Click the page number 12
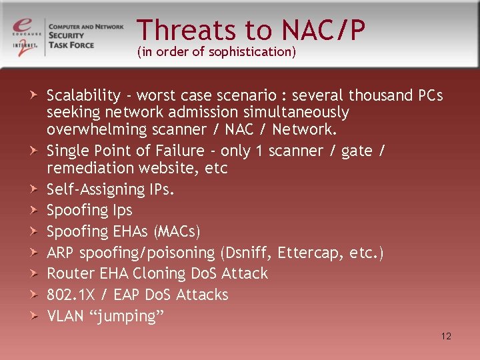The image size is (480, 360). coord(446,336)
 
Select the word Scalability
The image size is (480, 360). coord(84,95)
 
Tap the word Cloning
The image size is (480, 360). coord(162,273)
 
